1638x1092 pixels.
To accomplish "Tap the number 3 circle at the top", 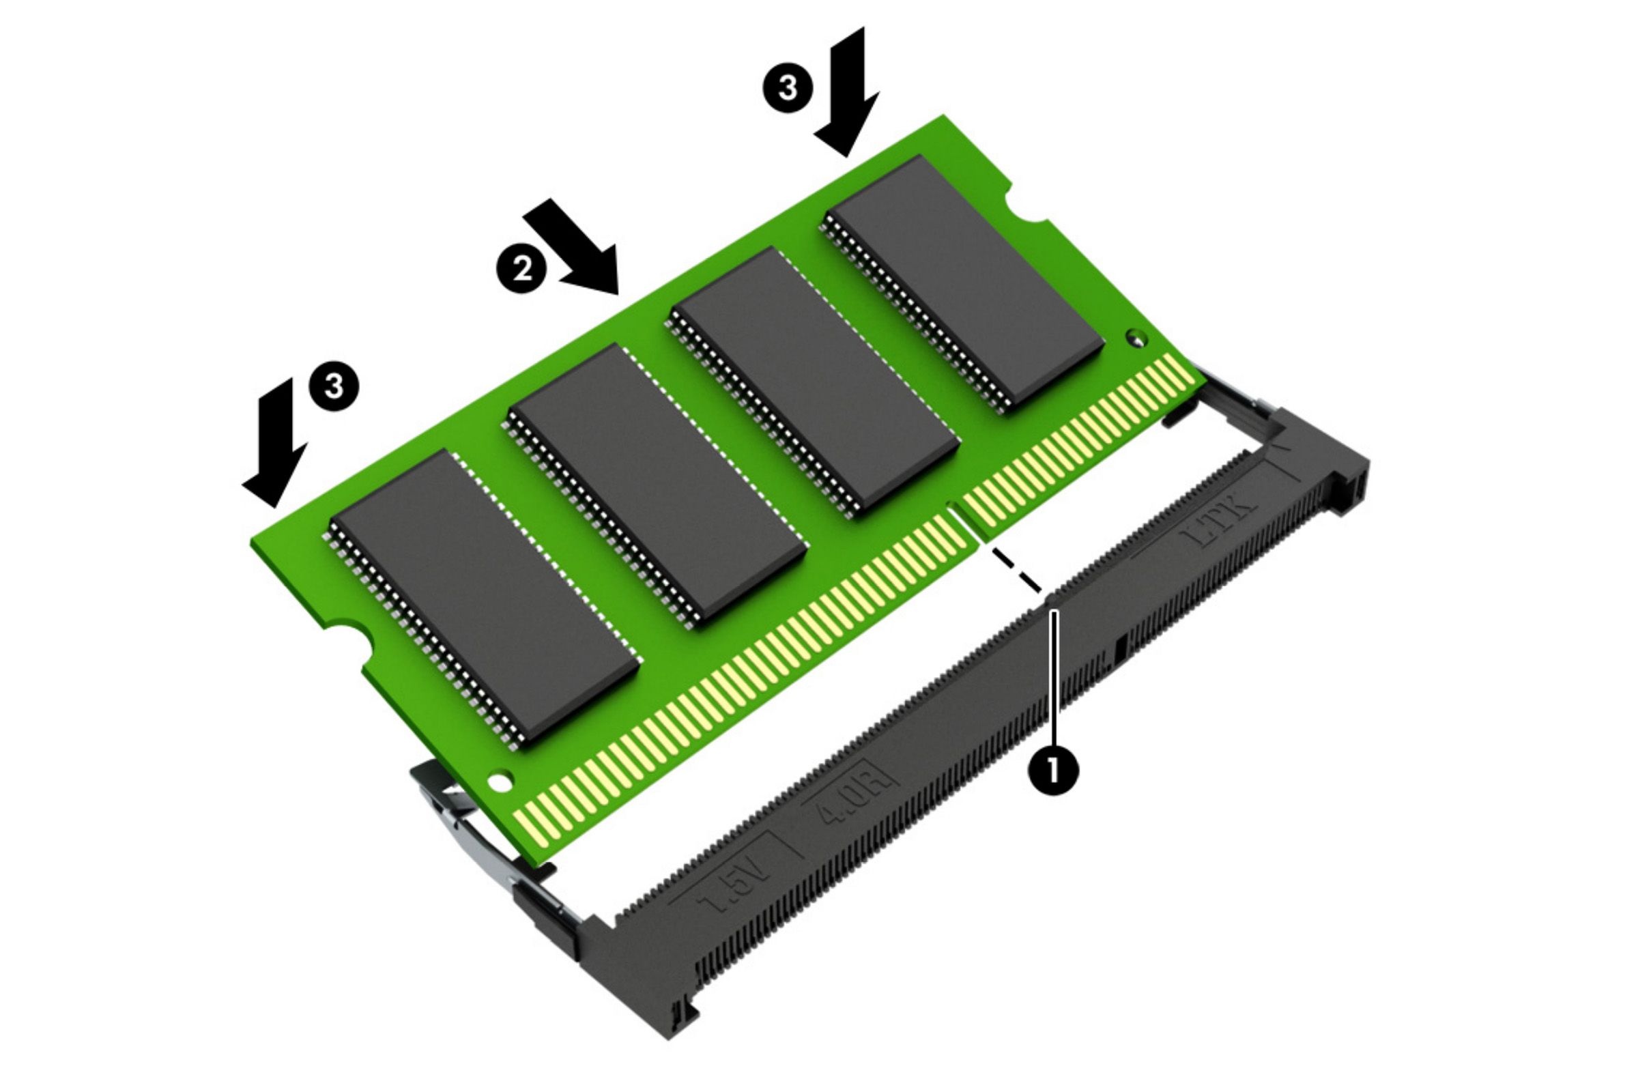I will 787,89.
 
